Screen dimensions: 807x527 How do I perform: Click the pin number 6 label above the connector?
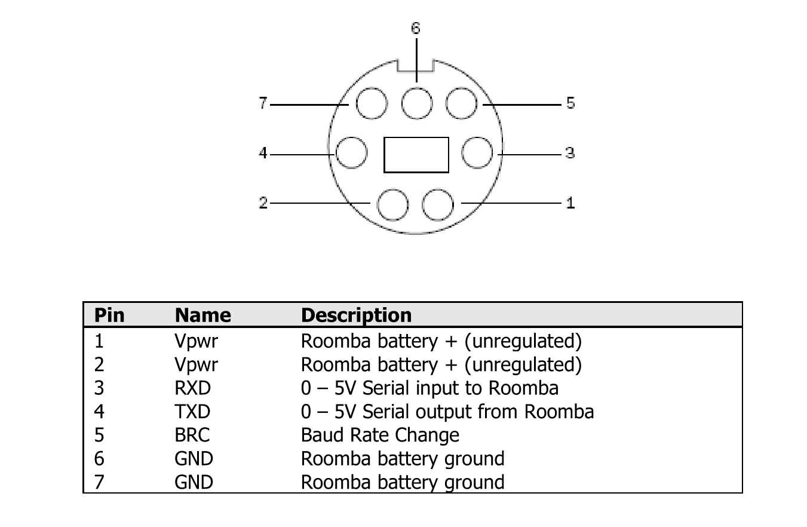(415, 28)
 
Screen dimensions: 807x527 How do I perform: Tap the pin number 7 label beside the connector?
(263, 103)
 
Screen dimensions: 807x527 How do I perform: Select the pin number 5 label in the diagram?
(570, 103)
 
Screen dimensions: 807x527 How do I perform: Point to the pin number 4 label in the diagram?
(263, 153)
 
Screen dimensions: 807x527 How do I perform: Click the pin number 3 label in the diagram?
(570, 153)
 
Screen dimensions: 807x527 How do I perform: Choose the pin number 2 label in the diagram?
(263, 203)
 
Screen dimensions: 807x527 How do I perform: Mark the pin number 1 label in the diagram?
(570, 203)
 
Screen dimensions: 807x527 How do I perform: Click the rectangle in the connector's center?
(416, 155)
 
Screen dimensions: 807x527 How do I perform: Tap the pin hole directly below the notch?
(417, 103)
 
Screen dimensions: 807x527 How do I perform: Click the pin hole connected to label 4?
(352, 152)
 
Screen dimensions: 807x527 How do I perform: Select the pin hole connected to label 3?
(477, 152)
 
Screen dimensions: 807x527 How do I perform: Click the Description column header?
(356, 315)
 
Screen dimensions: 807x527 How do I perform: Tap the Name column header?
(203, 315)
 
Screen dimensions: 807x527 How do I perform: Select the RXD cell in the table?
(192, 388)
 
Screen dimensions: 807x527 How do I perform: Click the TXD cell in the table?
(192, 411)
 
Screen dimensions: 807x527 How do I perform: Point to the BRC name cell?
(192, 435)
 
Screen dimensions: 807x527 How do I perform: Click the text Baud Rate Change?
(380, 435)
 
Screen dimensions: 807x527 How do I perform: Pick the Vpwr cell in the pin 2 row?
(196, 364)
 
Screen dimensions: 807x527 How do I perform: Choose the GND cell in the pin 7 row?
(194, 482)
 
